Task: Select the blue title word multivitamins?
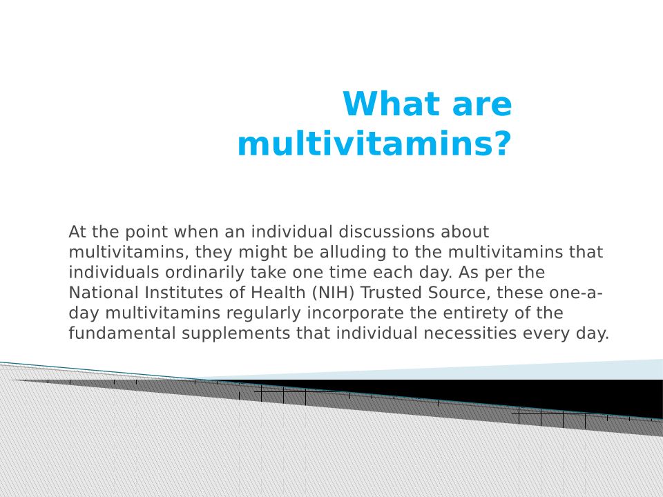(x=374, y=144)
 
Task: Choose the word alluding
(x=353, y=253)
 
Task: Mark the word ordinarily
(x=204, y=273)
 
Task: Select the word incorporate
(x=355, y=313)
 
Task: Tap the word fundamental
(x=122, y=333)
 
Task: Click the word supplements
(x=236, y=333)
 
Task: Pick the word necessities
(x=470, y=333)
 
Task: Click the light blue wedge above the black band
(x=528, y=371)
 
